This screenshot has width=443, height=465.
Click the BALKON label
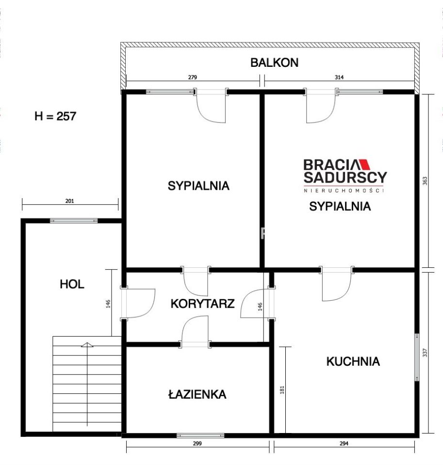pyautogui.click(x=274, y=62)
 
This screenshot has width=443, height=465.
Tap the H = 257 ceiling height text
pyautogui.click(x=55, y=116)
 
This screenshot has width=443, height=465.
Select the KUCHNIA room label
pyautogui.click(x=353, y=361)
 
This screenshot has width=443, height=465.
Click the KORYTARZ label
pyautogui.click(x=202, y=304)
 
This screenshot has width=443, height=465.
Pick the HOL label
pyautogui.click(x=72, y=284)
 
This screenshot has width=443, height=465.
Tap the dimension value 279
pyautogui.click(x=192, y=77)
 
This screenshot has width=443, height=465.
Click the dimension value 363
pyautogui.click(x=425, y=181)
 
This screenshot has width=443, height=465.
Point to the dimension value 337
pyautogui.click(x=425, y=353)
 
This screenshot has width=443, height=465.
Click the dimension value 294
pyautogui.click(x=344, y=443)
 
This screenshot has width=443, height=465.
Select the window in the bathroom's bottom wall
pyautogui.click(x=200, y=435)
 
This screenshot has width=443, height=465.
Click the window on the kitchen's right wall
pyautogui.click(x=416, y=357)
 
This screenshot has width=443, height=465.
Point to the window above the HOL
pyautogui.click(x=74, y=221)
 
